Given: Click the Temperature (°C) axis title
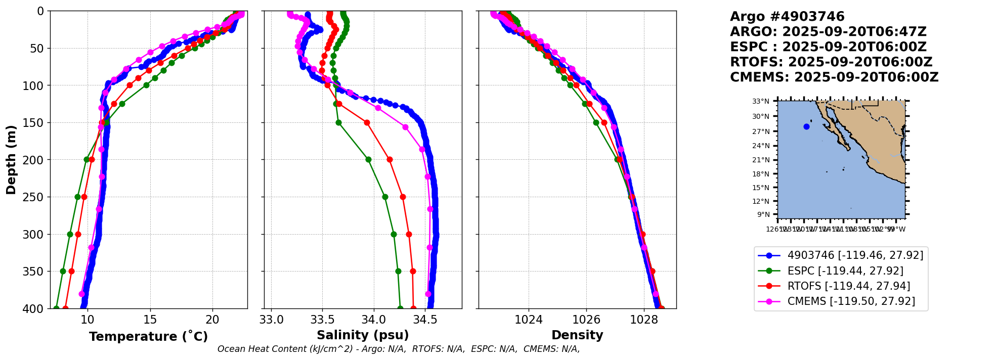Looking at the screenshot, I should coord(148,337).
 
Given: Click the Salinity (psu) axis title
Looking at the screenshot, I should coord(363,335).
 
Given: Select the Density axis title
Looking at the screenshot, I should coord(577,335).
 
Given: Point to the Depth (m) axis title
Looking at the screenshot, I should coord(11,160).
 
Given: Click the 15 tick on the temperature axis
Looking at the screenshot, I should coord(150,320).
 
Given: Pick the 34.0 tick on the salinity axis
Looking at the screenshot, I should coord(374,320).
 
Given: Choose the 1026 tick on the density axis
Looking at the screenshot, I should coord(586,320).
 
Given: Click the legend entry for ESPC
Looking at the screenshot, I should coord(845,271).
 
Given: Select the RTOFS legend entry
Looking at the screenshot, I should coord(848,286).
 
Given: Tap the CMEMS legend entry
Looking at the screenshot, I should coord(851,301).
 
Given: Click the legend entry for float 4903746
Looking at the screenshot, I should coord(855,255).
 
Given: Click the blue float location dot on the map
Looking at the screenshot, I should coord(806,126).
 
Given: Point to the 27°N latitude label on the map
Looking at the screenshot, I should coord(761,131).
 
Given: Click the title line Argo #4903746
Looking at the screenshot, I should coord(787,17).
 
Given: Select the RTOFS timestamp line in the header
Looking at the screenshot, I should coord(831,62).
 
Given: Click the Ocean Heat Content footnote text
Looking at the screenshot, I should coord(399,349).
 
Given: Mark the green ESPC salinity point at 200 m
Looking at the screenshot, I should coord(368,159).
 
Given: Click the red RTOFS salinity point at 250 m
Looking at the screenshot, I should coord(403,197).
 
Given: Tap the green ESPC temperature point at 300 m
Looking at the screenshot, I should coord(70,234).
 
